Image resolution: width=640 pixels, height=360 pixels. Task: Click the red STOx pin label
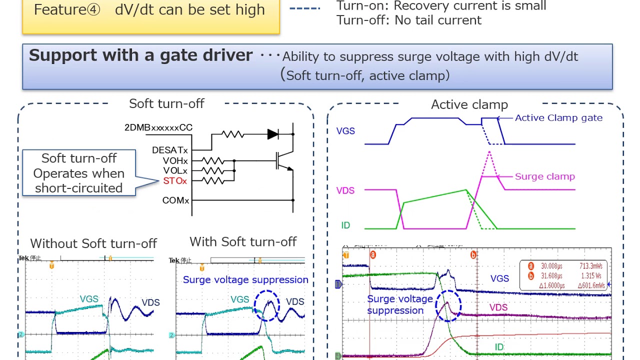(x=174, y=180)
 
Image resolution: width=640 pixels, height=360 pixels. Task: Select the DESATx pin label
(x=170, y=150)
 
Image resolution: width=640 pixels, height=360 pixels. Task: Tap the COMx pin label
(x=175, y=200)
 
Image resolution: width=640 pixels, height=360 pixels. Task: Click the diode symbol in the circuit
(x=273, y=134)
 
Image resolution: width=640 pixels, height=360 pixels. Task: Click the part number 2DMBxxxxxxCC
(x=158, y=127)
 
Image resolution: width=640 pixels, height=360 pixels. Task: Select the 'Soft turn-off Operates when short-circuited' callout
(x=79, y=173)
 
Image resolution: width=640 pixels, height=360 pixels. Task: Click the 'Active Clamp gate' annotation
(x=558, y=118)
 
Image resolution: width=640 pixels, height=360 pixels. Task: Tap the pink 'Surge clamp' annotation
(x=544, y=176)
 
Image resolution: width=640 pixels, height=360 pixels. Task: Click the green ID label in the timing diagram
(x=345, y=225)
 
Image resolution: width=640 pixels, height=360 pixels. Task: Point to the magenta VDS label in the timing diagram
(x=345, y=190)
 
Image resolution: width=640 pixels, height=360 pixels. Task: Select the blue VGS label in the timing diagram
(x=345, y=131)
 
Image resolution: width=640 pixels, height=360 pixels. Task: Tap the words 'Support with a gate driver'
(x=140, y=55)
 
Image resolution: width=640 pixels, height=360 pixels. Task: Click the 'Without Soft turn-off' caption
(x=93, y=243)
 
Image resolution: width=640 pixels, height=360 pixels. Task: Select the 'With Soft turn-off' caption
(x=243, y=242)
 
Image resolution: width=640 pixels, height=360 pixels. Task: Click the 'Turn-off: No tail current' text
(x=409, y=20)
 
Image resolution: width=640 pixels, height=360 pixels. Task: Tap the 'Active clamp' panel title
(x=469, y=104)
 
